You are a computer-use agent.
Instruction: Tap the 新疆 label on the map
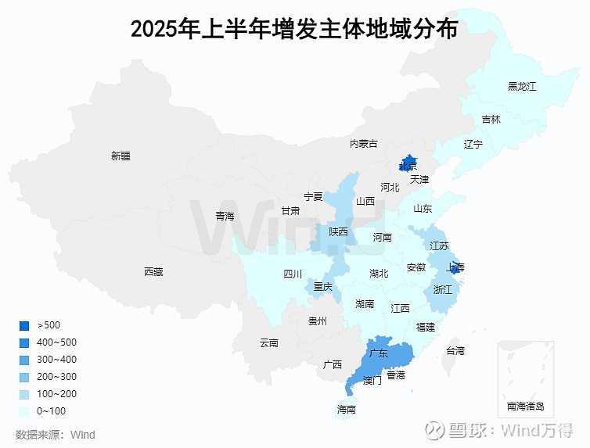coord(121,156)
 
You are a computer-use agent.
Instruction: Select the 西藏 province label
coord(153,272)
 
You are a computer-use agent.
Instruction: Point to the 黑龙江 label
coord(522,86)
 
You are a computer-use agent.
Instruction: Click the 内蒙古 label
coord(363,144)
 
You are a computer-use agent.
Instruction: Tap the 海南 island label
coord(346,410)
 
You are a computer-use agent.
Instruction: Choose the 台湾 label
coord(455,351)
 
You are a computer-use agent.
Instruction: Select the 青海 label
coord(225,216)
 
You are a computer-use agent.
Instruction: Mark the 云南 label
coord(268,342)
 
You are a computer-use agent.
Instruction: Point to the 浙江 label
coord(443,289)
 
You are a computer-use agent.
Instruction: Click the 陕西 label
coord(338,231)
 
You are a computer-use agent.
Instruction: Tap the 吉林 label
coord(491,120)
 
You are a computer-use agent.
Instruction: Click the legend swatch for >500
coord(24,325)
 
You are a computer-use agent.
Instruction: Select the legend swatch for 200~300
coord(24,377)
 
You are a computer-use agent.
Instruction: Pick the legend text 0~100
coord(52,411)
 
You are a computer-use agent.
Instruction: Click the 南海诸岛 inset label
coord(525,407)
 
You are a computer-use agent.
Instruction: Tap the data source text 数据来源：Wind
coord(56,435)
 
